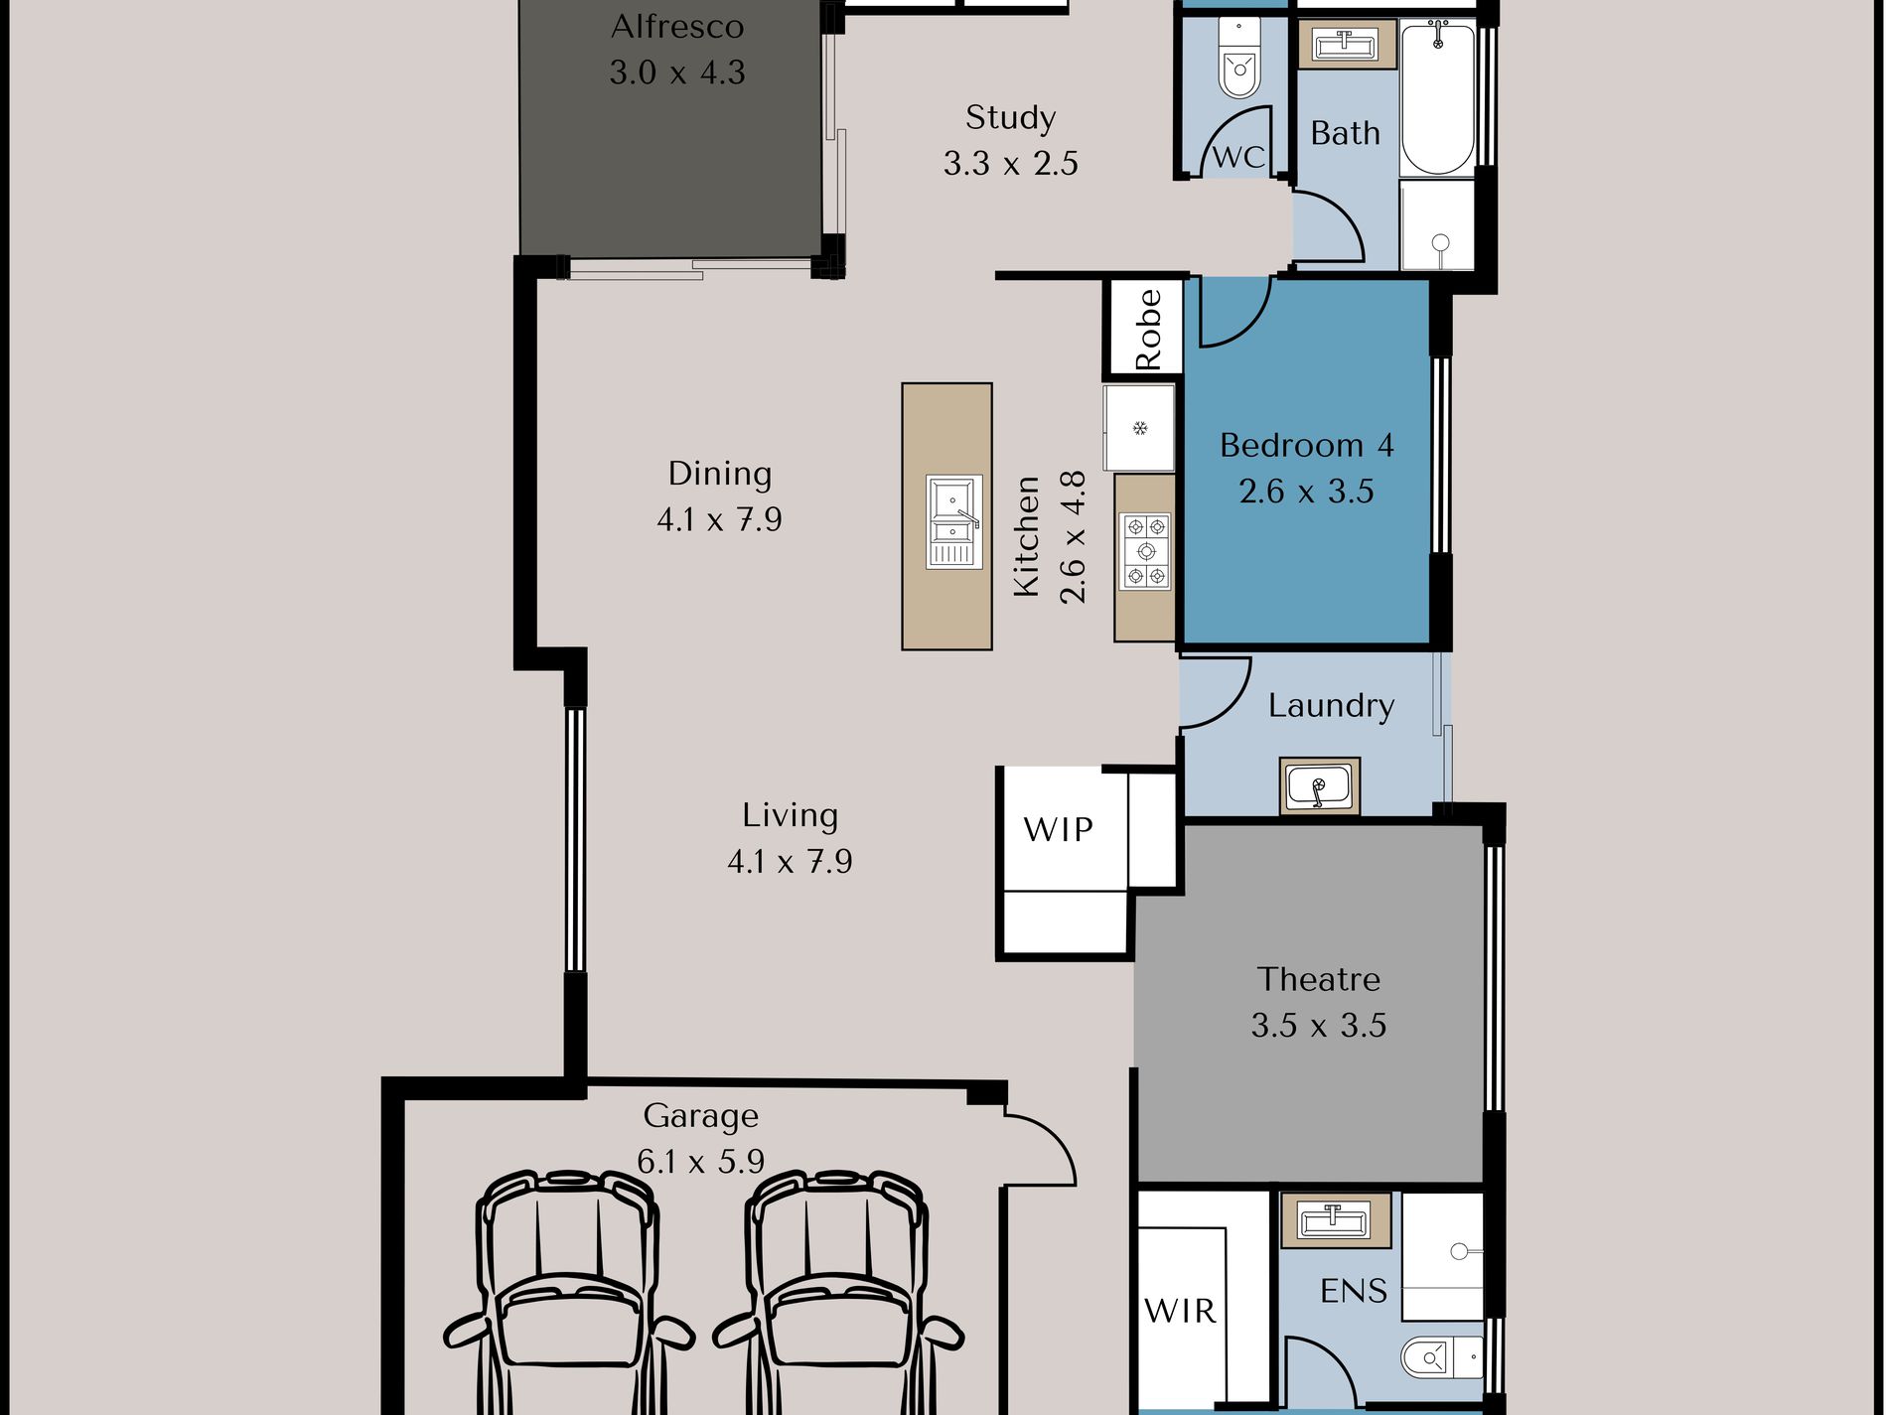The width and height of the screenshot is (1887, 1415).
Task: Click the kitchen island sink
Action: [x=953, y=521]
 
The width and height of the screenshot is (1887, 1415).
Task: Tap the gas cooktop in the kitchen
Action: [x=1146, y=551]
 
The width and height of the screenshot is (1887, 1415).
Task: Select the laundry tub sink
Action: [x=1319, y=786]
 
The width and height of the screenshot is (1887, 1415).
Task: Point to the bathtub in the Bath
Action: [x=1437, y=97]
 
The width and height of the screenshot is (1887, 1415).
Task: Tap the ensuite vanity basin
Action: [x=1334, y=1219]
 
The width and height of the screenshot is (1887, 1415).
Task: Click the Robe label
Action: [x=1148, y=330]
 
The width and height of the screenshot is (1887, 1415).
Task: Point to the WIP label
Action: [x=1059, y=829]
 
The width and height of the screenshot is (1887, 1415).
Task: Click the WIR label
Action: [x=1180, y=1311]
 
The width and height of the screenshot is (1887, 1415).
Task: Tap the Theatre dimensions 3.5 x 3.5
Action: [x=1318, y=1025]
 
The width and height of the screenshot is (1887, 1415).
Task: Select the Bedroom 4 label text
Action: [x=1306, y=445]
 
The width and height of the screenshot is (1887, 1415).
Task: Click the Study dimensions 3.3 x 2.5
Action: [x=1010, y=163]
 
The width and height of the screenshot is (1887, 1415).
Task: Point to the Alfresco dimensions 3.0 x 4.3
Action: [x=676, y=72]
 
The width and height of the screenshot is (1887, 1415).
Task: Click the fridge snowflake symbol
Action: [x=1140, y=428]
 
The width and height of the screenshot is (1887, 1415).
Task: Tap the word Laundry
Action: [x=1331, y=706]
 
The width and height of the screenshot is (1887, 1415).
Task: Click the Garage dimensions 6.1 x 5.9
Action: [x=700, y=1161]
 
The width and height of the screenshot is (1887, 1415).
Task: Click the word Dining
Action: [x=720, y=474]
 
